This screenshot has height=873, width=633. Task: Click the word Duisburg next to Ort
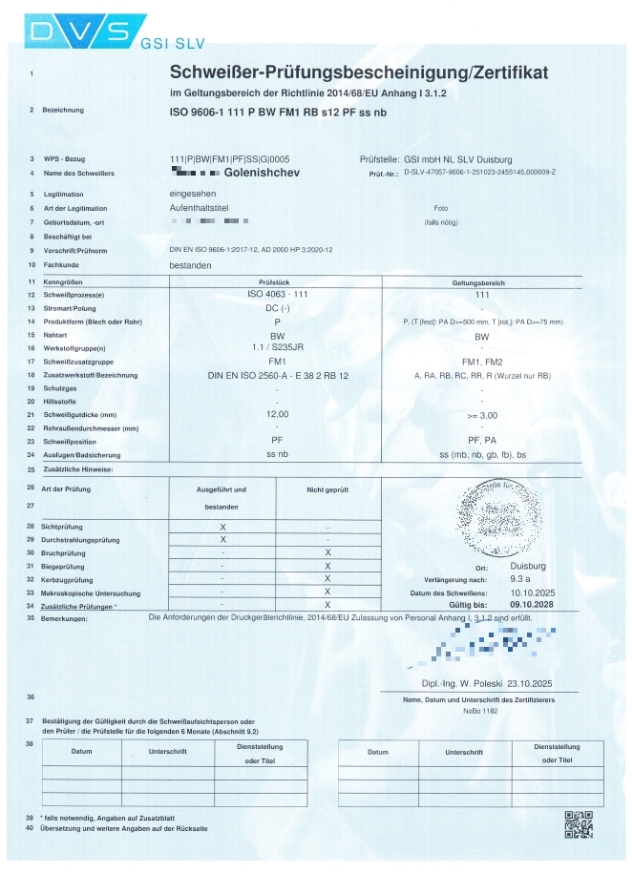coord(528,566)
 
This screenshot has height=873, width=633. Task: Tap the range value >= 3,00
coord(480,416)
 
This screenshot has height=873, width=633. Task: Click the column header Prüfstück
coord(275,283)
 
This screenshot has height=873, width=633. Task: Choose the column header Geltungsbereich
coord(481,283)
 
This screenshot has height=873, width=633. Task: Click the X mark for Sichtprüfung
coord(222,527)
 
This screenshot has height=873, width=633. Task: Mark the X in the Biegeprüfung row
coord(327,566)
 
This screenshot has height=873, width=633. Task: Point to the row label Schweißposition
coord(71,442)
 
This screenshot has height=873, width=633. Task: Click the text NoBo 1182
coord(480,711)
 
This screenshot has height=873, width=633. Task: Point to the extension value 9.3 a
coord(522,579)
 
